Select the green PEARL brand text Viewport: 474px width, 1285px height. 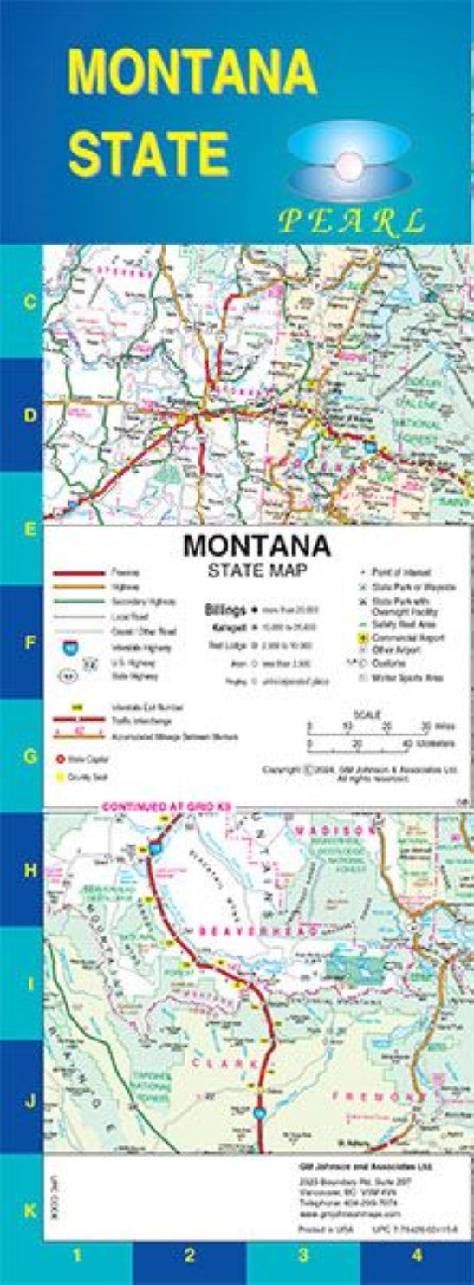point(351,221)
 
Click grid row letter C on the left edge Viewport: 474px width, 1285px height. point(29,302)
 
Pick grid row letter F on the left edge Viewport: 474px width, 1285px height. point(29,643)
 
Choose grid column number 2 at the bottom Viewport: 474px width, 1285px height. point(189,1254)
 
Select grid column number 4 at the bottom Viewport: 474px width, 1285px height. point(417,1254)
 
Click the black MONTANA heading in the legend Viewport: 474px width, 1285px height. point(256,546)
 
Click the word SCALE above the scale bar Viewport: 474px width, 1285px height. point(367,713)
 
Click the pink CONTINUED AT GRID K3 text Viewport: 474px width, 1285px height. point(165,807)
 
